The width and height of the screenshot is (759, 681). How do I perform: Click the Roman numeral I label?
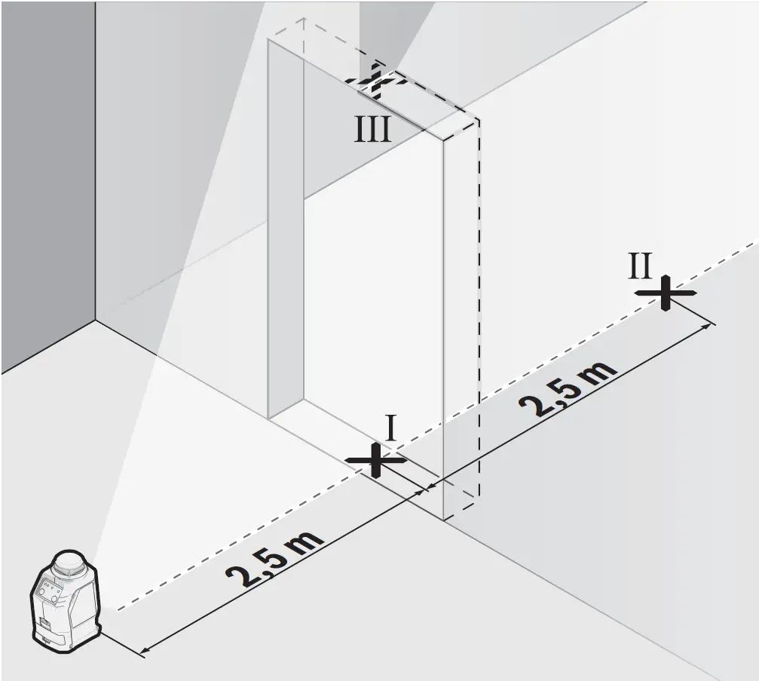coord(391,429)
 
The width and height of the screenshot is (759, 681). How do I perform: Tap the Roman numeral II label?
coord(641,266)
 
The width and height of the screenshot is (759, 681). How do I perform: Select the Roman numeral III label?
coord(373,130)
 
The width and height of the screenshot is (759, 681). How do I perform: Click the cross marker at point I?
coord(375,459)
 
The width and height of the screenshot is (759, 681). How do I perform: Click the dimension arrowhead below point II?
coord(708,325)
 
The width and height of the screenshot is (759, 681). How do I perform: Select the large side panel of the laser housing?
coord(83,611)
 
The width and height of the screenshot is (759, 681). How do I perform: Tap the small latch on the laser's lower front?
coord(45,624)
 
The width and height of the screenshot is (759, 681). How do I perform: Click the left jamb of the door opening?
coord(286,226)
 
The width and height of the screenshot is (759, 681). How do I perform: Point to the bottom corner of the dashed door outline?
coord(444,520)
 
